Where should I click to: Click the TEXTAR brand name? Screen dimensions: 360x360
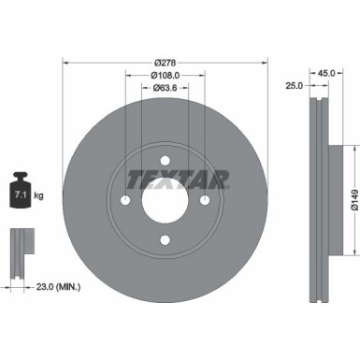[x=165, y=177]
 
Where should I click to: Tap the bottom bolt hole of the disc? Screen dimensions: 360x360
[x=165, y=239]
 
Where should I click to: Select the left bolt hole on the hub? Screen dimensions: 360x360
[x=125, y=200]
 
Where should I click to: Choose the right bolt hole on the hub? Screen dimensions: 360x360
[x=205, y=200]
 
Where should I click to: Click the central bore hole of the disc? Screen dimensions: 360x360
[x=165, y=200]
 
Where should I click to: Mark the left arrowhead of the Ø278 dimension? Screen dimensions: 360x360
[x=65, y=63]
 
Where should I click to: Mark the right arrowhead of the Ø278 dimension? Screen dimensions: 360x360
[x=265, y=63]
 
